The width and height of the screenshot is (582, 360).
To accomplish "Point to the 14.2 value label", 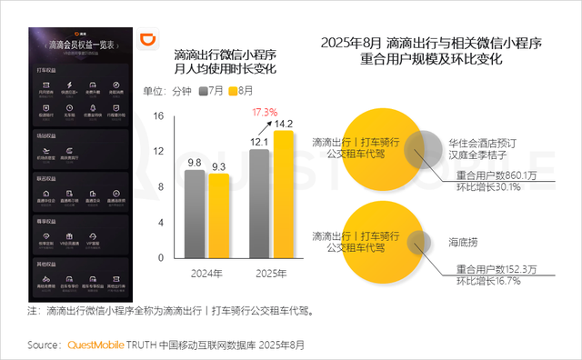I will [x=284, y=123].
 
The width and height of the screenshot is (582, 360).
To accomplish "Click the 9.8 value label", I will [x=195, y=163].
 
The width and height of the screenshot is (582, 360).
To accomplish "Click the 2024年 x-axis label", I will [x=206, y=274].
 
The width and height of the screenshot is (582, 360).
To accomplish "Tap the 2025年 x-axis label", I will [x=272, y=274].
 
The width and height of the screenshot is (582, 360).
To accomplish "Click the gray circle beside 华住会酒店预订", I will [x=423, y=147].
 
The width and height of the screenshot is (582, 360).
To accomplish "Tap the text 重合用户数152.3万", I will [x=497, y=268].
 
